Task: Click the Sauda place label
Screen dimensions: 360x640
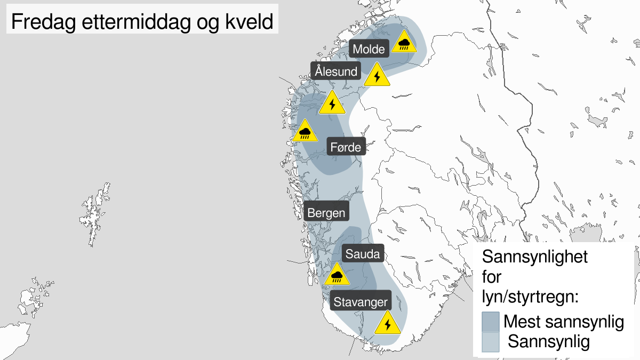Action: coord(363,254)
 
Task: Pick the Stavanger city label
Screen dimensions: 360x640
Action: coord(361,302)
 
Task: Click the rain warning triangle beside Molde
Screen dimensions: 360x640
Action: coord(404,43)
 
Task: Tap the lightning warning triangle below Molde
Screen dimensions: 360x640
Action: coord(377,76)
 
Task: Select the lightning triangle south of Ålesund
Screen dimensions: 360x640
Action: coord(332,104)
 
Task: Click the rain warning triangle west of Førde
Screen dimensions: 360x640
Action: coord(305,132)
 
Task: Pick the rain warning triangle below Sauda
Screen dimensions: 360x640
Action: coord(337,275)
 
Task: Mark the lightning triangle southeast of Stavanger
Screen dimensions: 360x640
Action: coord(388,324)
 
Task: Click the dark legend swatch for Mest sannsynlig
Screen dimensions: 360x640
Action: coord(490,322)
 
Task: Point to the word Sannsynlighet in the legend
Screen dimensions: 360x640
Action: coord(535,257)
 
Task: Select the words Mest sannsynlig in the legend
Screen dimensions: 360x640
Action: coord(564,322)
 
